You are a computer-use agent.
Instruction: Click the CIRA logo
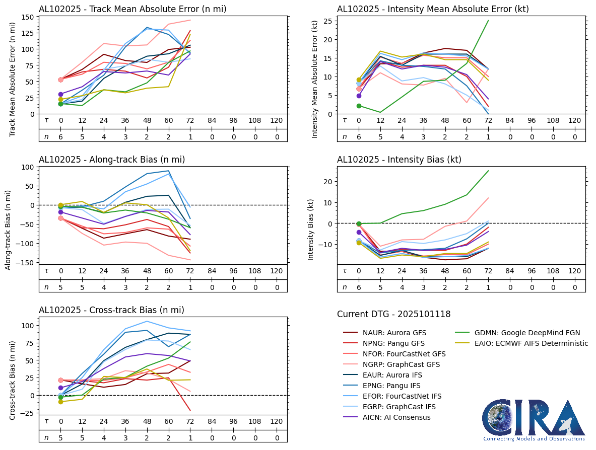534,420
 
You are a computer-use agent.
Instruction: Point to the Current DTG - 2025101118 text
393,314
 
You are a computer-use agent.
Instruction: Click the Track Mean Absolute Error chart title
133,9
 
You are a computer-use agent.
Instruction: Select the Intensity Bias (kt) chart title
399,160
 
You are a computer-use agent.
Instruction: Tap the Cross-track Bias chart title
111,310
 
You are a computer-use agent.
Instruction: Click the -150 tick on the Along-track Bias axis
25,263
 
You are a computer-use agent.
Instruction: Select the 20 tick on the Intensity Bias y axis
325,181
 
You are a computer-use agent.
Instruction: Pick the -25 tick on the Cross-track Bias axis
27,413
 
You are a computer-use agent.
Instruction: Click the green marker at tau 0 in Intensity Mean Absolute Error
359,106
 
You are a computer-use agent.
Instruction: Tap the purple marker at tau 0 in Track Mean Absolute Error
60,94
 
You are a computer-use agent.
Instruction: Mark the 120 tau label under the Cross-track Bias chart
276,421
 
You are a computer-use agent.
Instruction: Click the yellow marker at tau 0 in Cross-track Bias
60,402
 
